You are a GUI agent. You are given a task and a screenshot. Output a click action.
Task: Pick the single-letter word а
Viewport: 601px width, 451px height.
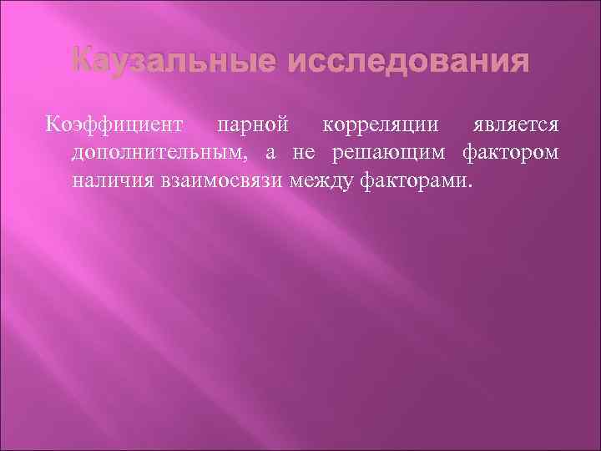(x=271, y=154)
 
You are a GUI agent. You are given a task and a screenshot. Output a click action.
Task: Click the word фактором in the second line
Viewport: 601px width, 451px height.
(x=512, y=153)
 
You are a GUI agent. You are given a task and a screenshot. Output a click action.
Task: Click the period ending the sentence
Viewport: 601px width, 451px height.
(x=470, y=185)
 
